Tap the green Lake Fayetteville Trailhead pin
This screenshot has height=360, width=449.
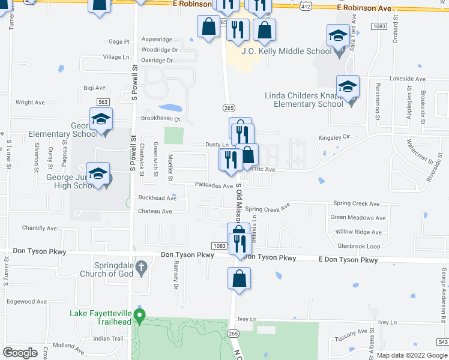click(x=140, y=314)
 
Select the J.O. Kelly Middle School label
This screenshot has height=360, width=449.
click(x=286, y=51)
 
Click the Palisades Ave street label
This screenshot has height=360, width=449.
click(x=212, y=186)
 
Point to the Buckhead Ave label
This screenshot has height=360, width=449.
click(x=157, y=197)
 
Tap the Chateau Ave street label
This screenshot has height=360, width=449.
click(x=155, y=211)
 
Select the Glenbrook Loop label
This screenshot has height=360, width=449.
click(x=359, y=246)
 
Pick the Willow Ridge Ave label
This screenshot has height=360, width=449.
click(x=358, y=232)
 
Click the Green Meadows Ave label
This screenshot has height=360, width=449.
click(x=358, y=218)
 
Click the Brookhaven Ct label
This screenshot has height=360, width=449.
click(x=160, y=119)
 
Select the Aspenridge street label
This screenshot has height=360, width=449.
click(x=155, y=38)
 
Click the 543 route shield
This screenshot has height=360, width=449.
click(x=442, y=341)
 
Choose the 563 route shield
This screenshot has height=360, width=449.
click(x=103, y=103)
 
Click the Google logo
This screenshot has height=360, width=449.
click(x=20, y=353)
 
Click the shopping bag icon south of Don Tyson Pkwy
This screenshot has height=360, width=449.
click(x=240, y=278)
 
